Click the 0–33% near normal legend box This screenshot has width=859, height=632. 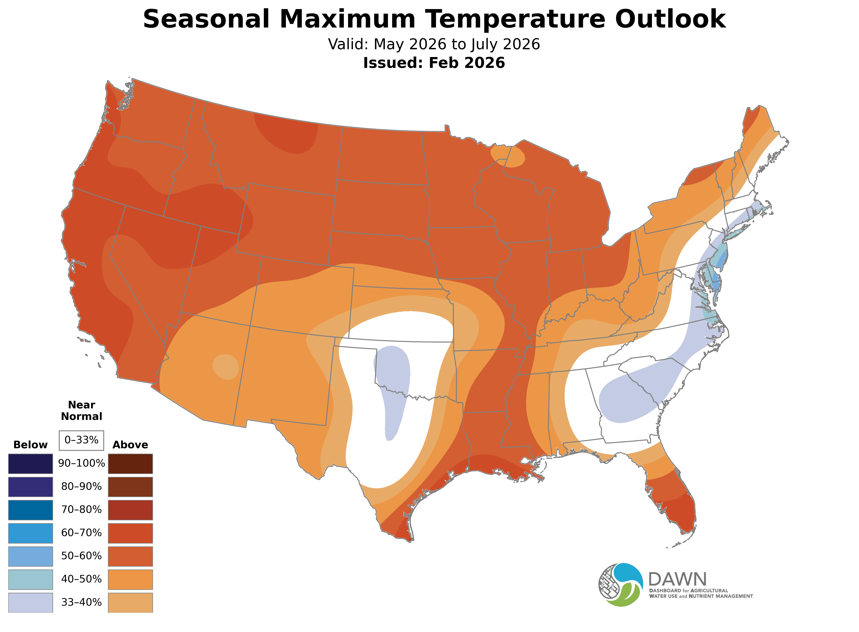(81, 440)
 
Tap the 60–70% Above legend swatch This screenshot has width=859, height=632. (130, 533)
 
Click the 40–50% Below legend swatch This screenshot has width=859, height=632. (31, 579)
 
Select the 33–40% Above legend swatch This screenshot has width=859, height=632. (130, 603)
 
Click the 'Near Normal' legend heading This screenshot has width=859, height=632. (81, 411)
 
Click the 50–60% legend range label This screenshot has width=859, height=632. (81, 556)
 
